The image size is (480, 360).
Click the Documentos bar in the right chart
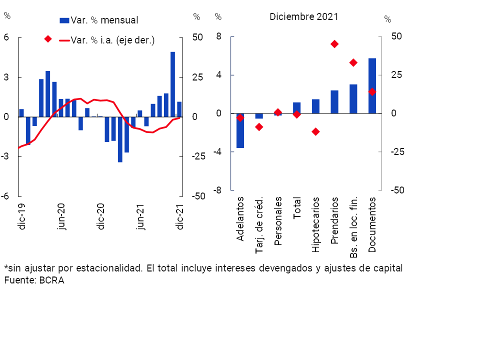click(372, 86)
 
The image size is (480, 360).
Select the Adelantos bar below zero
click(240, 130)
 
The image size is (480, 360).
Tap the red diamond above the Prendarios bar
click(334, 44)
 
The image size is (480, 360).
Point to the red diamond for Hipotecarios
click(315, 131)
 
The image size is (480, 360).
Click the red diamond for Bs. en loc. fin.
click(353, 62)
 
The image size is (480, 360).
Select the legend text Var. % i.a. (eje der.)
click(113, 40)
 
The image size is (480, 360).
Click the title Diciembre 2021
click(304, 16)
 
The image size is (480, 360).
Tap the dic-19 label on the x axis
click(22, 216)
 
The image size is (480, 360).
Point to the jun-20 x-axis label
click(61, 216)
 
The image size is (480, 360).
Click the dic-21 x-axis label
click(180, 216)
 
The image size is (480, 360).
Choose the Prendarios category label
click(334, 220)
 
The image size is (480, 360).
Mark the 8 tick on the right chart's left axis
click(218, 36)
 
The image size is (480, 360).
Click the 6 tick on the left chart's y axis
click(7, 38)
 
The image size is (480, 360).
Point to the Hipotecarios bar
click(315, 106)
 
